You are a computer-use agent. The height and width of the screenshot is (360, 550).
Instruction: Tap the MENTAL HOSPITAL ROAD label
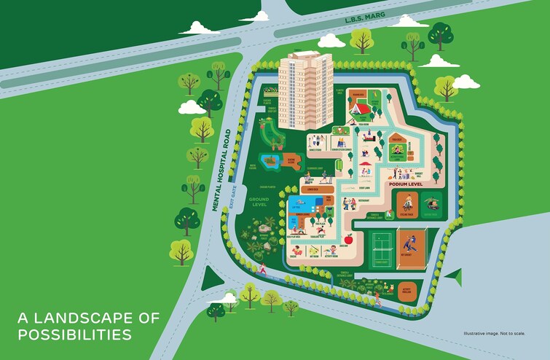[x=221, y=171]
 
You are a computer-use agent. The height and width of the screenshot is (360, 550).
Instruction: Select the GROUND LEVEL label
[x=259, y=202]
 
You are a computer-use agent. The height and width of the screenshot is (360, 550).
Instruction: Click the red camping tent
[x=361, y=109]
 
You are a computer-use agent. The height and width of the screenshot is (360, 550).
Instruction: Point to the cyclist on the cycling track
[x=406, y=206]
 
